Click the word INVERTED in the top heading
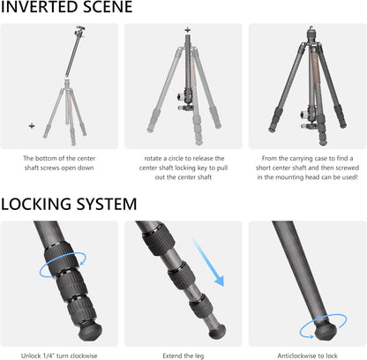[44, 8]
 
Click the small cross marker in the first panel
[32, 125]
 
